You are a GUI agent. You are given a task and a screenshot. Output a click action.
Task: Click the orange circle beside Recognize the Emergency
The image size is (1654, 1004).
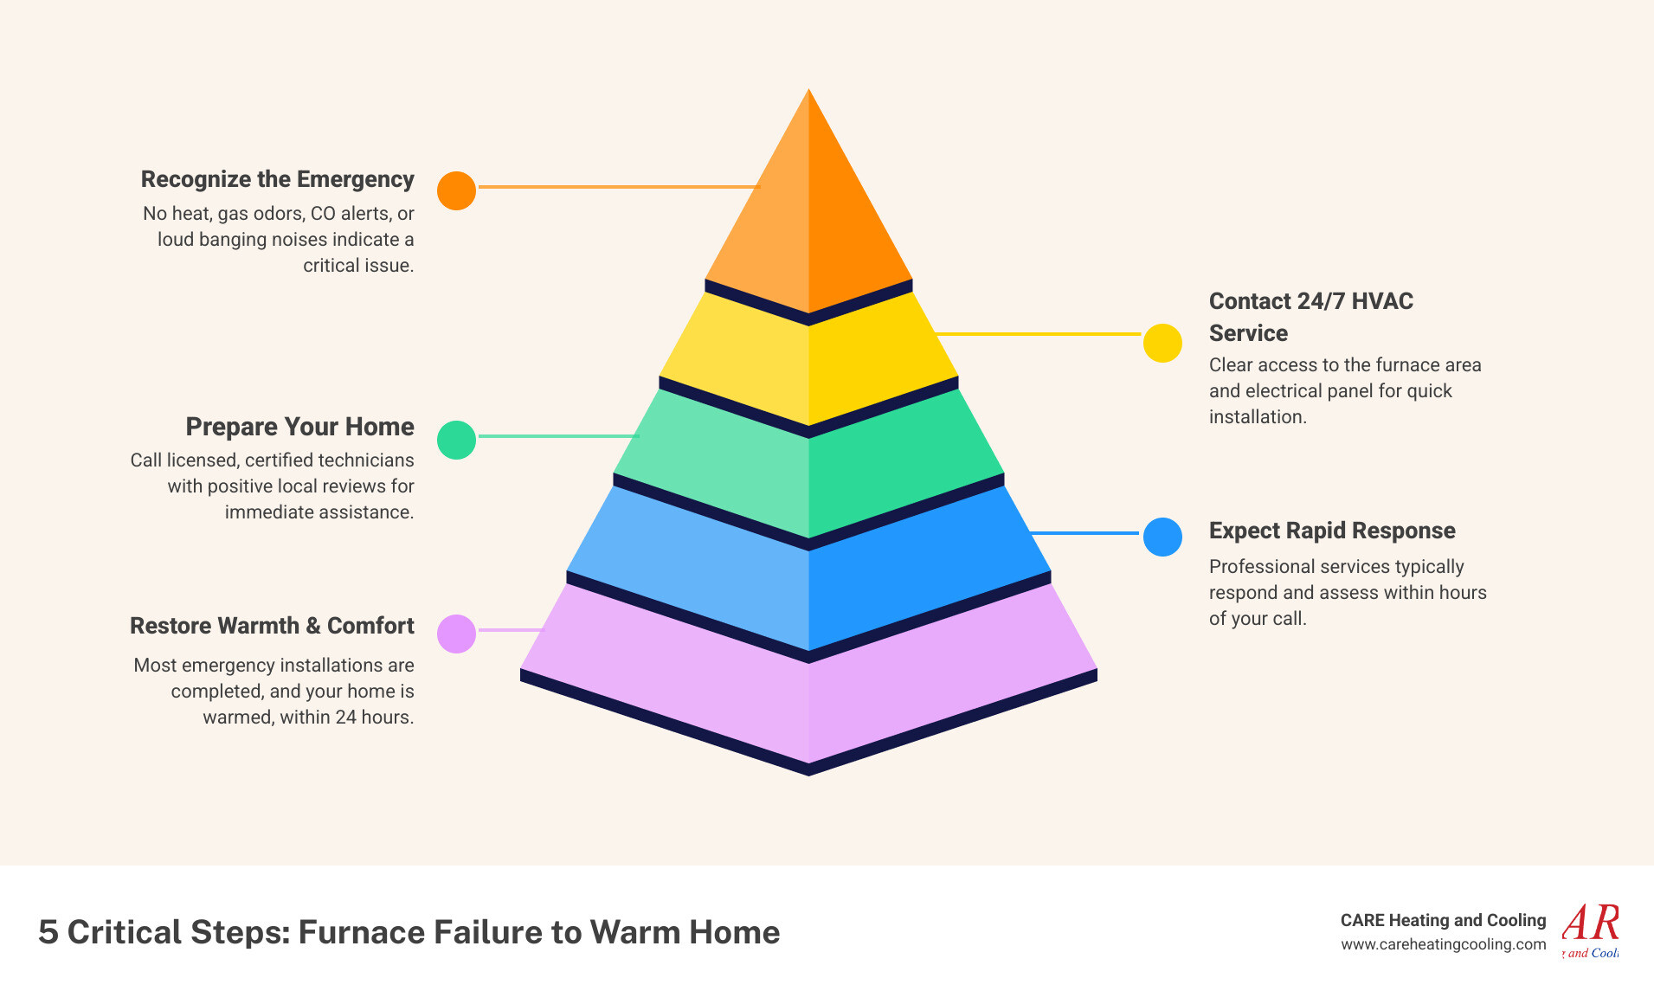pos(456,190)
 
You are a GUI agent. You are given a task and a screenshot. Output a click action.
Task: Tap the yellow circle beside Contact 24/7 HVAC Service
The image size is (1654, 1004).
pos(1162,343)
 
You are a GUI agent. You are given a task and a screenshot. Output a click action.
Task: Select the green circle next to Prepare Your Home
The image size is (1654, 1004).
pos(456,440)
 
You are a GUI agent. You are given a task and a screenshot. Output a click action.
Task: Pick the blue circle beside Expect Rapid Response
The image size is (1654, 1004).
pos(1162,537)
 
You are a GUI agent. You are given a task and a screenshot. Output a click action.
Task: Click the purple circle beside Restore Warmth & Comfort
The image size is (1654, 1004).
pos(456,634)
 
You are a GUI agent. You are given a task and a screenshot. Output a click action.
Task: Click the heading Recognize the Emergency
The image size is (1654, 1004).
pos(277,179)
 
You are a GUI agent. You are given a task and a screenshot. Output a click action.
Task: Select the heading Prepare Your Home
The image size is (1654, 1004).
pos(299,427)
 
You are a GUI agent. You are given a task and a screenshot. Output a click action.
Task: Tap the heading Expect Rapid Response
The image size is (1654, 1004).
pos(1331,531)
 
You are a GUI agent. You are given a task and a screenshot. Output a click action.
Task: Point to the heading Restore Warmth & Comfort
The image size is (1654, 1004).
pos(272,626)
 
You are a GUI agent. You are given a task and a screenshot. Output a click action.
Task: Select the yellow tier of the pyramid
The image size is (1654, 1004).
pos(808,364)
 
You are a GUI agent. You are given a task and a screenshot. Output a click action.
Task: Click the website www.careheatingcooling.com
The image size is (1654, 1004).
pos(1443,944)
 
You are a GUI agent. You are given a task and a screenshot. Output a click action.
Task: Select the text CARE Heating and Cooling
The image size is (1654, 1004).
pos(1443,920)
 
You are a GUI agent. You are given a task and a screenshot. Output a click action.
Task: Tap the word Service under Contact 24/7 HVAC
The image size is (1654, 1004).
pos(1248,333)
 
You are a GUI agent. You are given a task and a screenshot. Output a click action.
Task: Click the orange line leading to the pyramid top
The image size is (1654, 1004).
pos(618,186)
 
